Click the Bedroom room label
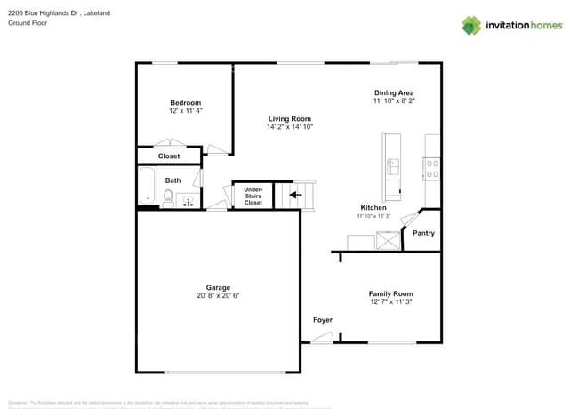185,102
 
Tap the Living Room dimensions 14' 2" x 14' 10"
290,127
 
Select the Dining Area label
394,92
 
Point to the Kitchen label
373,207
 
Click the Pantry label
424,233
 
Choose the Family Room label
391,293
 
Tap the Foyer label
322,319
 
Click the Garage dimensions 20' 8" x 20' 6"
218,295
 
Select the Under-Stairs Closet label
253,196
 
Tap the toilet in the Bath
167,198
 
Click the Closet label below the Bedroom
169,156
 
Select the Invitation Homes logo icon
471,25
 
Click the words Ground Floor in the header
28,23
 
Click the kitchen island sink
391,164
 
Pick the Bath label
173,180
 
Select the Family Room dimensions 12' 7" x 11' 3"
391,302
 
